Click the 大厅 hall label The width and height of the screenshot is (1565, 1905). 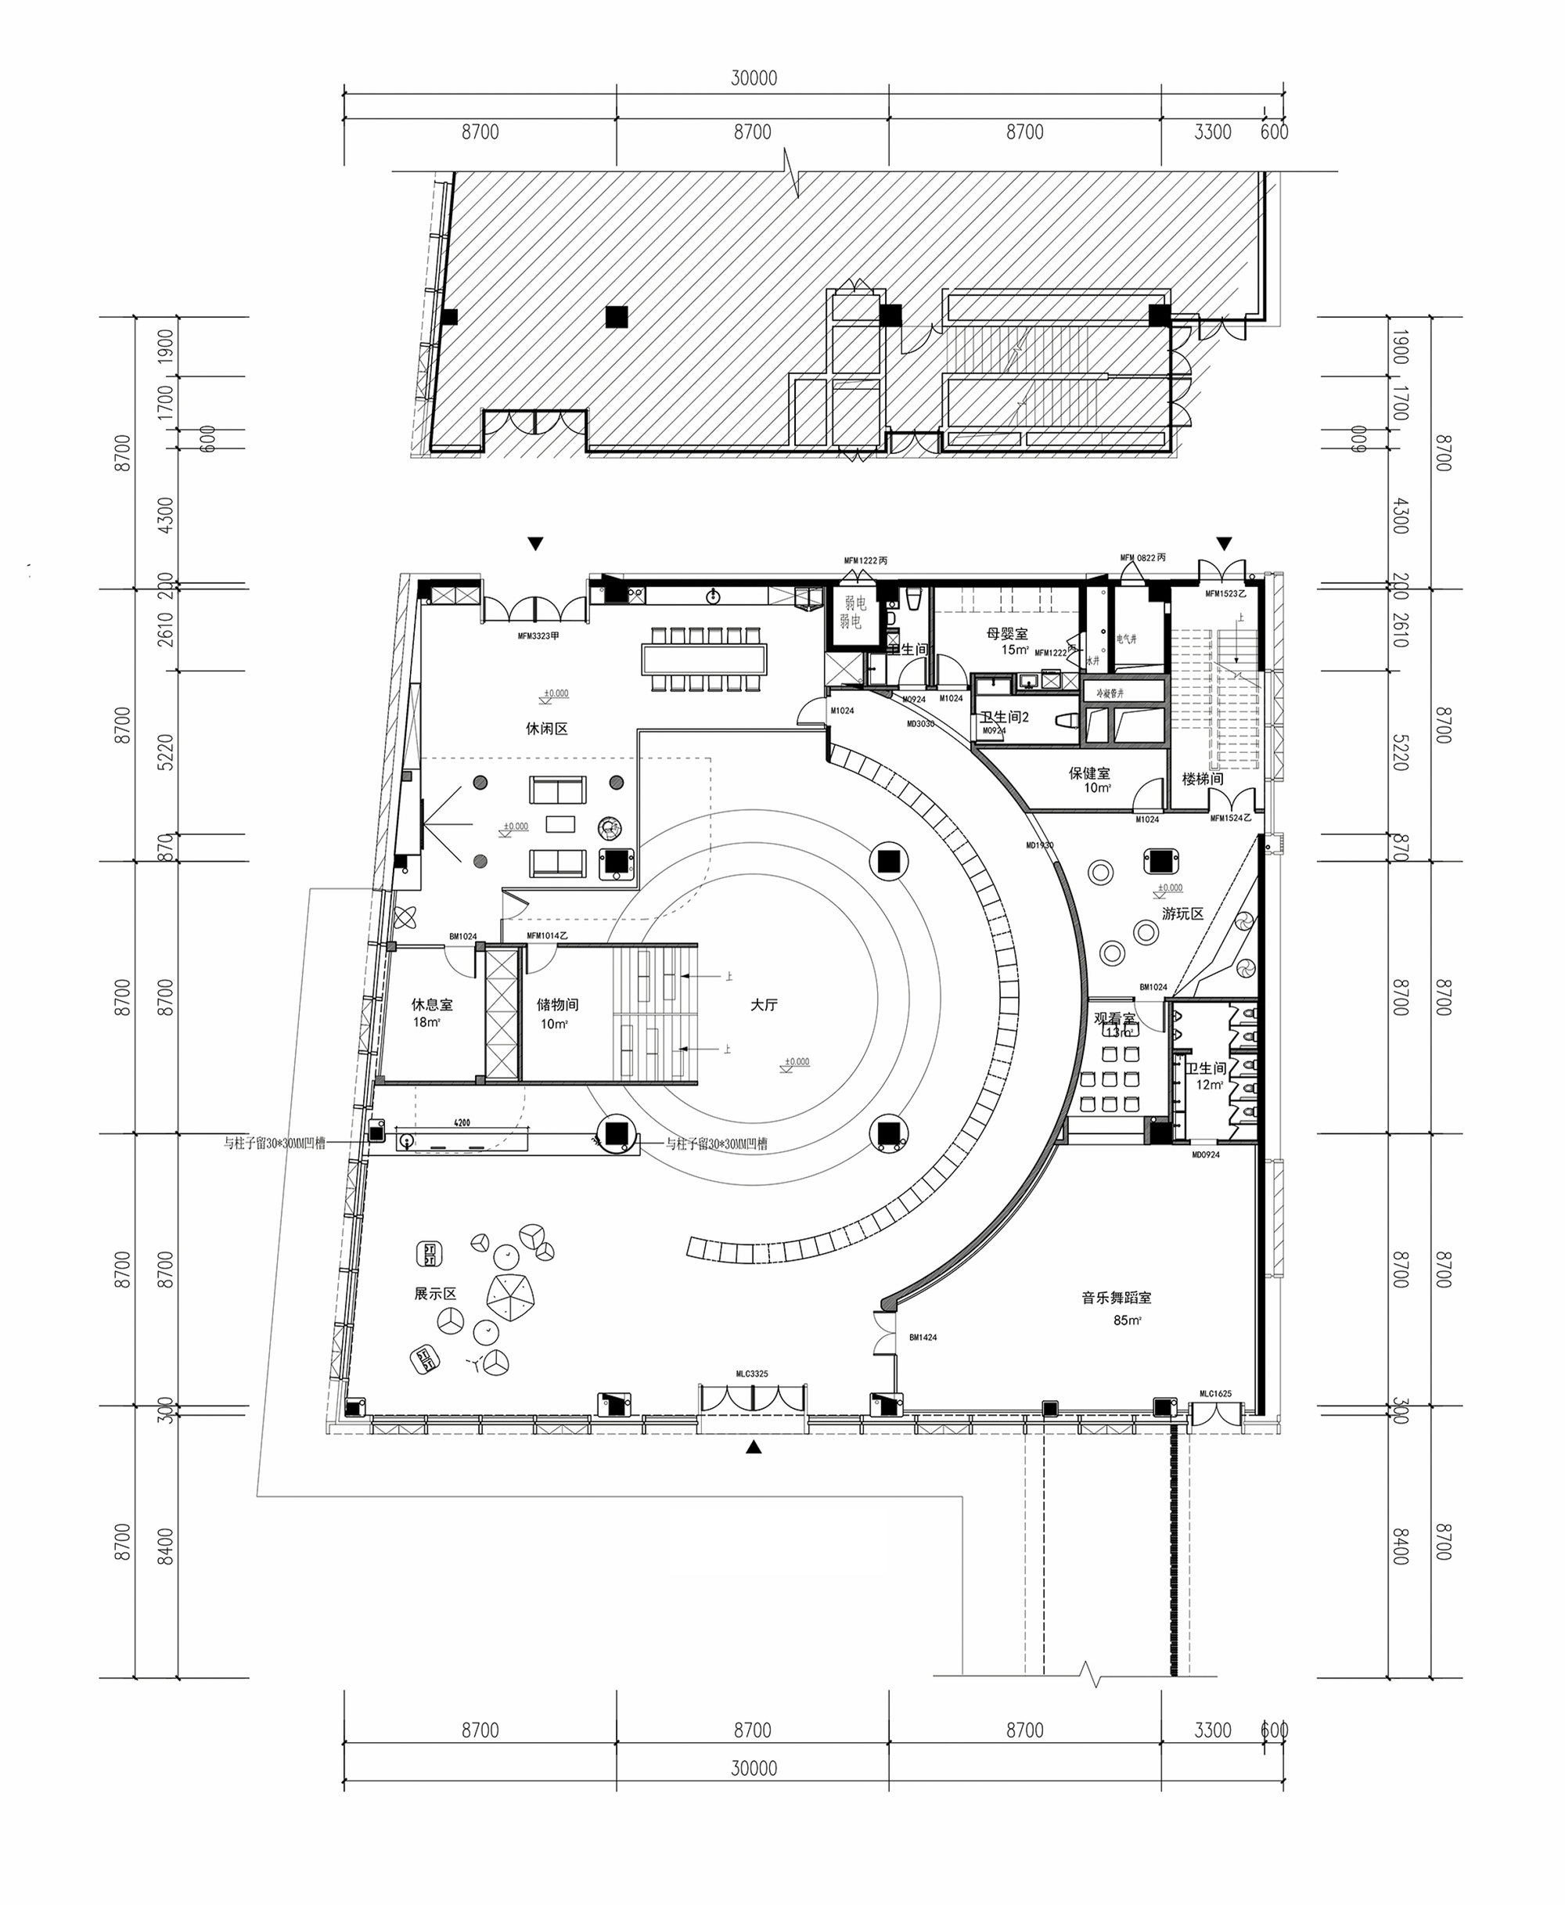pyautogui.click(x=764, y=1004)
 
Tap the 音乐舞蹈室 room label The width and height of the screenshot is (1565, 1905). pyautogui.click(x=1116, y=1298)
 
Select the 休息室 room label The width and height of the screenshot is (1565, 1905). pyautogui.click(x=432, y=1004)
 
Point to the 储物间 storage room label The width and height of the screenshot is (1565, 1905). pyautogui.click(x=557, y=1004)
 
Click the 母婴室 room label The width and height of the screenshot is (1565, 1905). pyautogui.click(x=1007, y=634)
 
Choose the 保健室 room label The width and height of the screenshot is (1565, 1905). pyautogui.click(x=1089, y=772)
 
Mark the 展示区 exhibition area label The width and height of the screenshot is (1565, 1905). pyautogui.click(x=435, y=1293)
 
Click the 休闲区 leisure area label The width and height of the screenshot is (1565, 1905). pyautogui.click(x=547, y=729)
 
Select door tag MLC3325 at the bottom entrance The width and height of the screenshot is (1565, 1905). pyautogui.click(x=752, y=1374)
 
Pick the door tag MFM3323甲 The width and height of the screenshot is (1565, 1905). pyautogui.click(x=538, y=636)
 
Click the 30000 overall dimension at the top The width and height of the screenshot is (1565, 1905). pyautogui.click(x=754, y=78)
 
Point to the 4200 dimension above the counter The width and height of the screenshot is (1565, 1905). pyautogui.click(x=462, y=1123)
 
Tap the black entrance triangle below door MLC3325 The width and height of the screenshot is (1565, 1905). pyautogui.click(x=754, y=1447)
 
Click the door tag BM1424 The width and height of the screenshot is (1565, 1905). pyautogui.click(x=923, y=1338)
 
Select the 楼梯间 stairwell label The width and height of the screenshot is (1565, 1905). pyautogui.click(x=1203, y=778)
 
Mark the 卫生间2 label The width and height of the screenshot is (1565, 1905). pyautogui.click(x=1004, y=717)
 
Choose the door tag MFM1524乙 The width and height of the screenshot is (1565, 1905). pyautogui.click(x=1231, y=818)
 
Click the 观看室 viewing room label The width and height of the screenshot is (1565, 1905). pyautogui.click(x=1115, y=1018)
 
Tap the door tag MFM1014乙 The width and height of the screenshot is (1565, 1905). pyautogui.click(x=547, y=936)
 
